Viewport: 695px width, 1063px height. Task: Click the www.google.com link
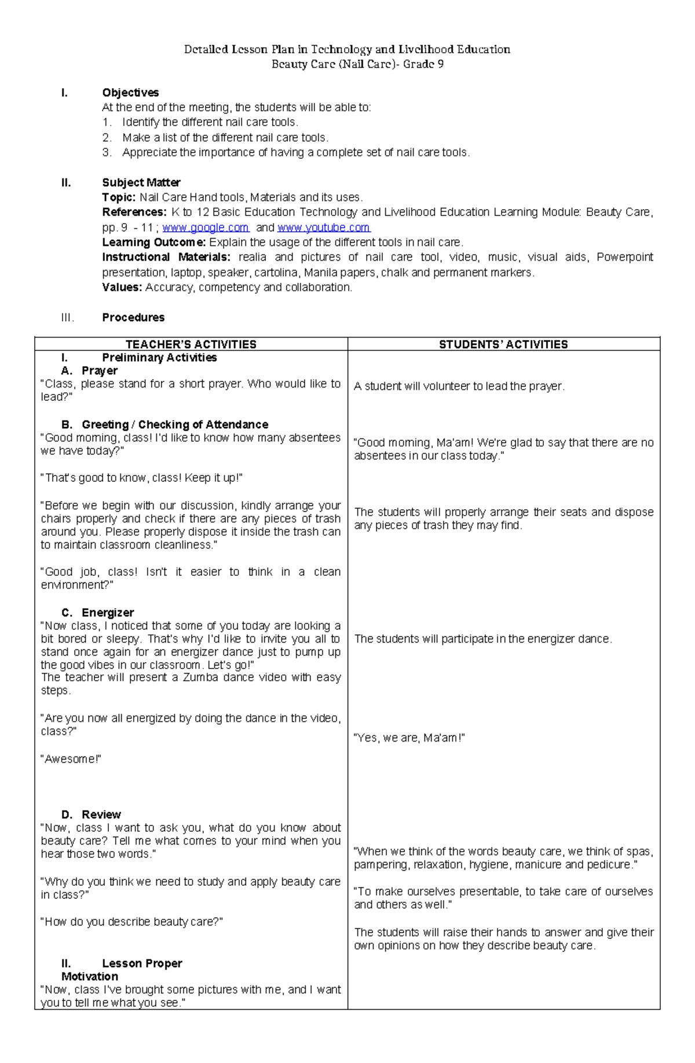click(205, 228)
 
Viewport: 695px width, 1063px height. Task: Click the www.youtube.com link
click(323, 228)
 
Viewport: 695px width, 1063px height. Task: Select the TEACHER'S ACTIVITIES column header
click(191, 344)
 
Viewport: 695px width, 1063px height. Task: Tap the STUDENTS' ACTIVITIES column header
click(503, 344)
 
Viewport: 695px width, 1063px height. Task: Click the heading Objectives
click(130, 93)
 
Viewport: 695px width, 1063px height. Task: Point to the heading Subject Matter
click(141, 182)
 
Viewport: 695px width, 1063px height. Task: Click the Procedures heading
click(133, 317)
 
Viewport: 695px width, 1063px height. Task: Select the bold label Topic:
click(119, 198)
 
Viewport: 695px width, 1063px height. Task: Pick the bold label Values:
click(122, 287)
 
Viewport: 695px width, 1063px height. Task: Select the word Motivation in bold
click(90, 976)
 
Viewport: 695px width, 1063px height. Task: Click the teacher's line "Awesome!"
click(71, 759)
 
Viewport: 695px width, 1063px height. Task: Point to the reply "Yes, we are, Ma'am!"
click(409, 738)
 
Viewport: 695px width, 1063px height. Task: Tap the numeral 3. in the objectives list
click(107, 152)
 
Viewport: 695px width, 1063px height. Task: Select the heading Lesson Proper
click(142, 963)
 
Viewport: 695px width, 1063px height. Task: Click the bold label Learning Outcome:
click(153, 242)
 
